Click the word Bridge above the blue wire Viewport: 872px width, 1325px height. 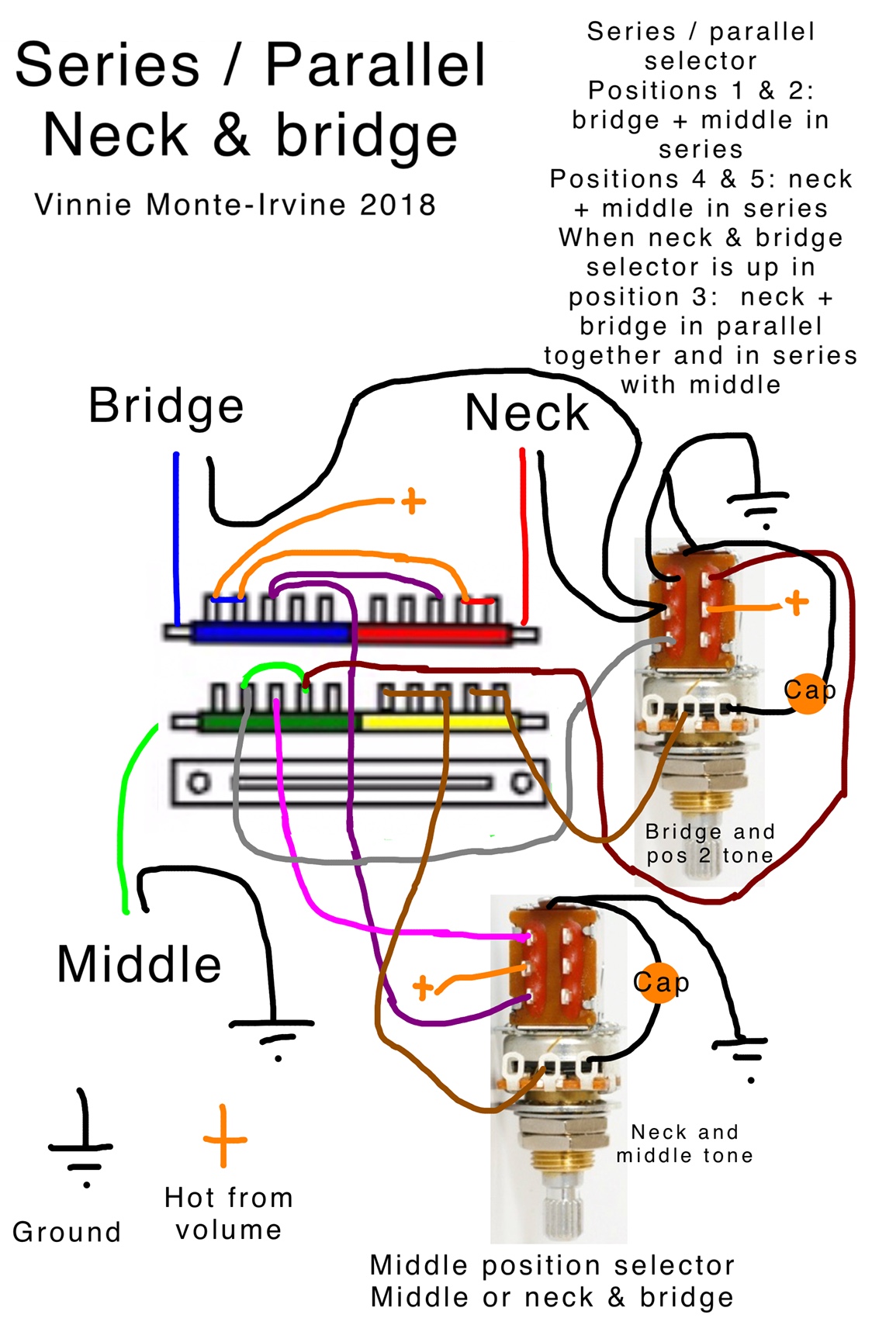tap(166, 406)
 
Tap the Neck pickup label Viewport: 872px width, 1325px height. tap(527, 413)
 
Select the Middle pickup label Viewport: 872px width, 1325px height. tap(140, 965)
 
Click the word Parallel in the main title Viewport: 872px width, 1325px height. tap(375, 65)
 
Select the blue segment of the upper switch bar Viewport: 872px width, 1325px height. tap(272, 633)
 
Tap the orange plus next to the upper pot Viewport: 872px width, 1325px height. tap(796, 602)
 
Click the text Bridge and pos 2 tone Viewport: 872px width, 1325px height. tap(710, 843)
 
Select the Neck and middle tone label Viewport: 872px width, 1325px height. tap(684, 1143)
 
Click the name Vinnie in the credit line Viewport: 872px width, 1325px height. tap(85, 206)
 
